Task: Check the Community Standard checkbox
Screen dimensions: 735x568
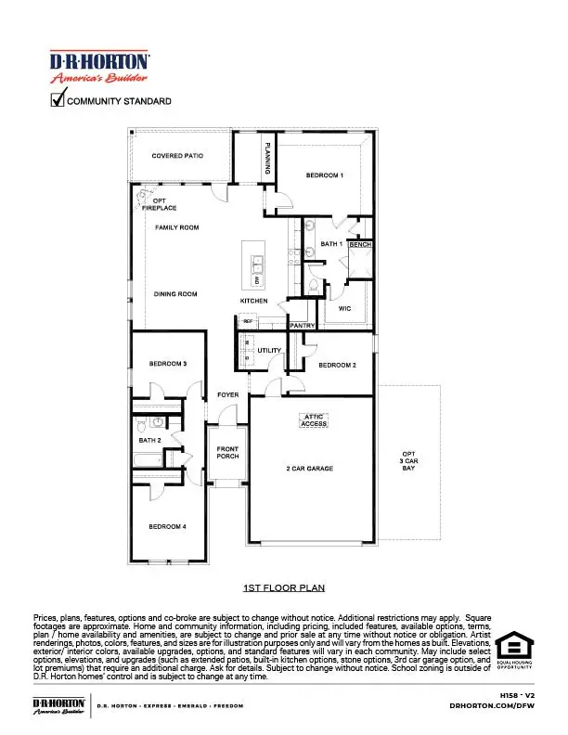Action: [57, 99]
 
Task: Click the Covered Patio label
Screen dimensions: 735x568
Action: [177, 156]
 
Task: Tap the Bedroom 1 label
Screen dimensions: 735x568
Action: [325, 174]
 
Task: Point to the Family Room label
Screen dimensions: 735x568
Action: [176, 227]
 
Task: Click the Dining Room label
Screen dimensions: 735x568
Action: [175, 294]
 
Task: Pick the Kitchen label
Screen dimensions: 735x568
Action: [254, 301]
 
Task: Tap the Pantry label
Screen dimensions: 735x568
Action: [303, 326]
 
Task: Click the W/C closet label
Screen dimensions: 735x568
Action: [343, 308]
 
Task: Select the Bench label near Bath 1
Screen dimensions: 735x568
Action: [360, 244]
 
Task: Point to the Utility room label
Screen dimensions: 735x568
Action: [269, 350]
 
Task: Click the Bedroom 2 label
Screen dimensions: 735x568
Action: [337, 366]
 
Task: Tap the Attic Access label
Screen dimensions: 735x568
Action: [314, 420]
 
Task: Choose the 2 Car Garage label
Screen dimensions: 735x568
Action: [309, 469]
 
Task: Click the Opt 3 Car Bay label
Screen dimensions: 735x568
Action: [409, 462]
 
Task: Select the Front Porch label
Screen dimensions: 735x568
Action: [227, 453]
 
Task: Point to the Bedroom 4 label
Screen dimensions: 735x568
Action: [168, 526]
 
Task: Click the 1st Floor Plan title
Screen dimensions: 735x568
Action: [283, 588]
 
